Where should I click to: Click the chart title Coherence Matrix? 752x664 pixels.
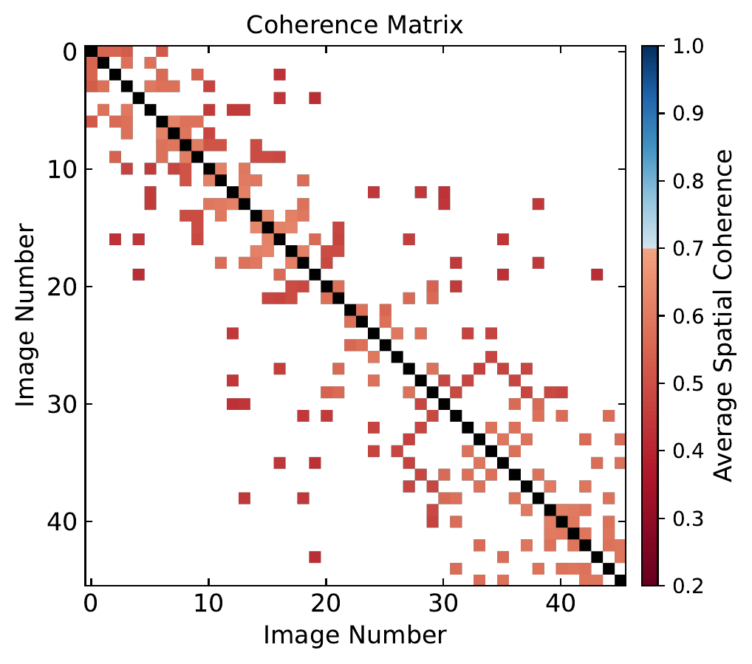tap(355, 24)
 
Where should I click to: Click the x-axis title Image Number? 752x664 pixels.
tap(355, 634)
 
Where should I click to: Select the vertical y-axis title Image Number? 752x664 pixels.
tap(26, 316)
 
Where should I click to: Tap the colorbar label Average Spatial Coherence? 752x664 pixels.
tap(725, 315)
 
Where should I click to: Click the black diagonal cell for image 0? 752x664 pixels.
tap(91, 51)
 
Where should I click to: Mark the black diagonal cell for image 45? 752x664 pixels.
tap(620, 580)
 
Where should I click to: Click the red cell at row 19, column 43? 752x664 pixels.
tap(597, 275)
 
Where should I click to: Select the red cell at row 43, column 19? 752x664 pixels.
tap(315, 556)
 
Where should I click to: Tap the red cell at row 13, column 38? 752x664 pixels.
tap(538, 204)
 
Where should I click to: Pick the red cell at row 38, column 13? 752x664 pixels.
tap(244, 498)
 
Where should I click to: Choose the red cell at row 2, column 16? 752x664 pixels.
tap(279, 75)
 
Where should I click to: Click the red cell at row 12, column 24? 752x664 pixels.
tap(373, 192)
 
